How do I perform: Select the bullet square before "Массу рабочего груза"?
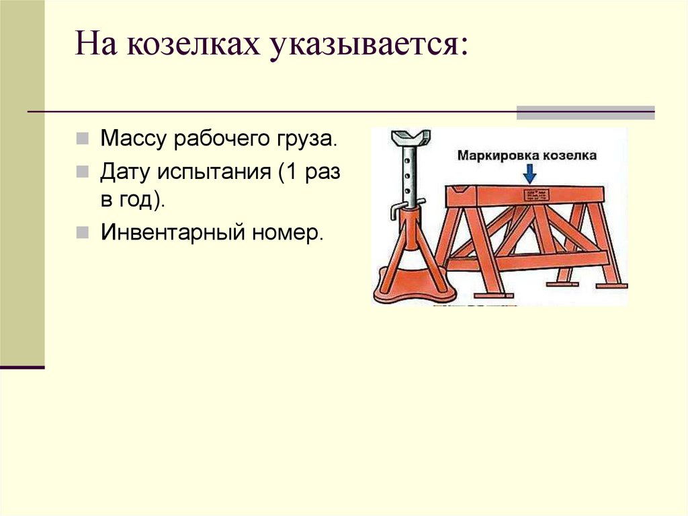pyautogui.click(x=81, y=140)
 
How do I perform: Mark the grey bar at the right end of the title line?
pyautogui.click(x=585, y=112)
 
